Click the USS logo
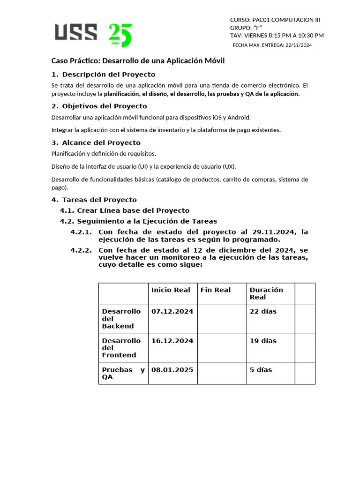coord(76,32)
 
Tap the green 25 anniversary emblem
coord(120,35)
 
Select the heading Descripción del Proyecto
coord(108,75)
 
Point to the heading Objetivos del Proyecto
coord(104,106)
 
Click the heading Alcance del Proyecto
coord(101,143)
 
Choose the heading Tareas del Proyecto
coord(99,200)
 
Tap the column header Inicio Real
coord(171,290)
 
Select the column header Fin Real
coord(216,290)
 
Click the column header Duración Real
coord(266,293)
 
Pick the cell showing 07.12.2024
coord(172,312)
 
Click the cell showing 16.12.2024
coord(172,341)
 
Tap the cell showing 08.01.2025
coord(172,370)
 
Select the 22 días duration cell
coord(263,312)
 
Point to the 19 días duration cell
coord(263,341)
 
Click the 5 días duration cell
coord(261,370)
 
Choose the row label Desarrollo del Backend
coord(121,319)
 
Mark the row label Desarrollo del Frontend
coord(121,348)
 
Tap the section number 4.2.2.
coord(81,250)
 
